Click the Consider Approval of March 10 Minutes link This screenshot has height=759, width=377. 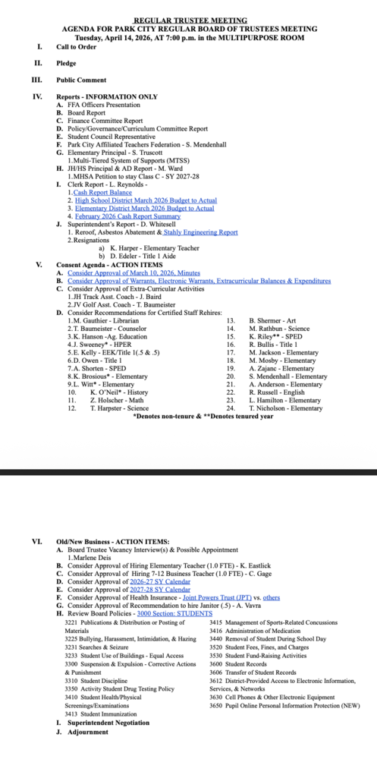coord(134,272)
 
